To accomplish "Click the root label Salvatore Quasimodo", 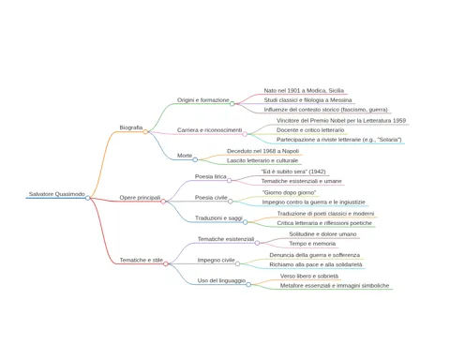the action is pos(57,194).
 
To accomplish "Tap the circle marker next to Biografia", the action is pos(145,132).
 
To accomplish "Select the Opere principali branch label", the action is pos(140,198).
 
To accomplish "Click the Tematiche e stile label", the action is pos(142,260).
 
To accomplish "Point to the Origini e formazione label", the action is pos(203,100).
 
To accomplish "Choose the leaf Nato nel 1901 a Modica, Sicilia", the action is pos(304,91).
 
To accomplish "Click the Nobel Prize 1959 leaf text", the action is pos(341,121).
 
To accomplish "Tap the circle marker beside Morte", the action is pos(195,159).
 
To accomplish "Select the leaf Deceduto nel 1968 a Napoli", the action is pos(262,151).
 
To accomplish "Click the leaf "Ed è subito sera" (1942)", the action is pos(293,172).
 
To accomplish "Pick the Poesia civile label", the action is pos(211,198).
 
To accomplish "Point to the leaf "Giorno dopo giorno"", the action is pos(289,192).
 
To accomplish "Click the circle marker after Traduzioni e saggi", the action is pos(246,222).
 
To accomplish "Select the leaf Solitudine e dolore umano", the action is pos(322,234).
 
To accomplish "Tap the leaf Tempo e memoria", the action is pos(312,244).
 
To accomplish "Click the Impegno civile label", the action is pos(216,260).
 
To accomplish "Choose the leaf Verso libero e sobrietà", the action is pos(309,277).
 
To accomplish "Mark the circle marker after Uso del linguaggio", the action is pos(248,285).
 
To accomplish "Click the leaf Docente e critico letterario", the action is pos(310,130).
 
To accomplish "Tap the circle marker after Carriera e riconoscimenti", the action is pos(245,134).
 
